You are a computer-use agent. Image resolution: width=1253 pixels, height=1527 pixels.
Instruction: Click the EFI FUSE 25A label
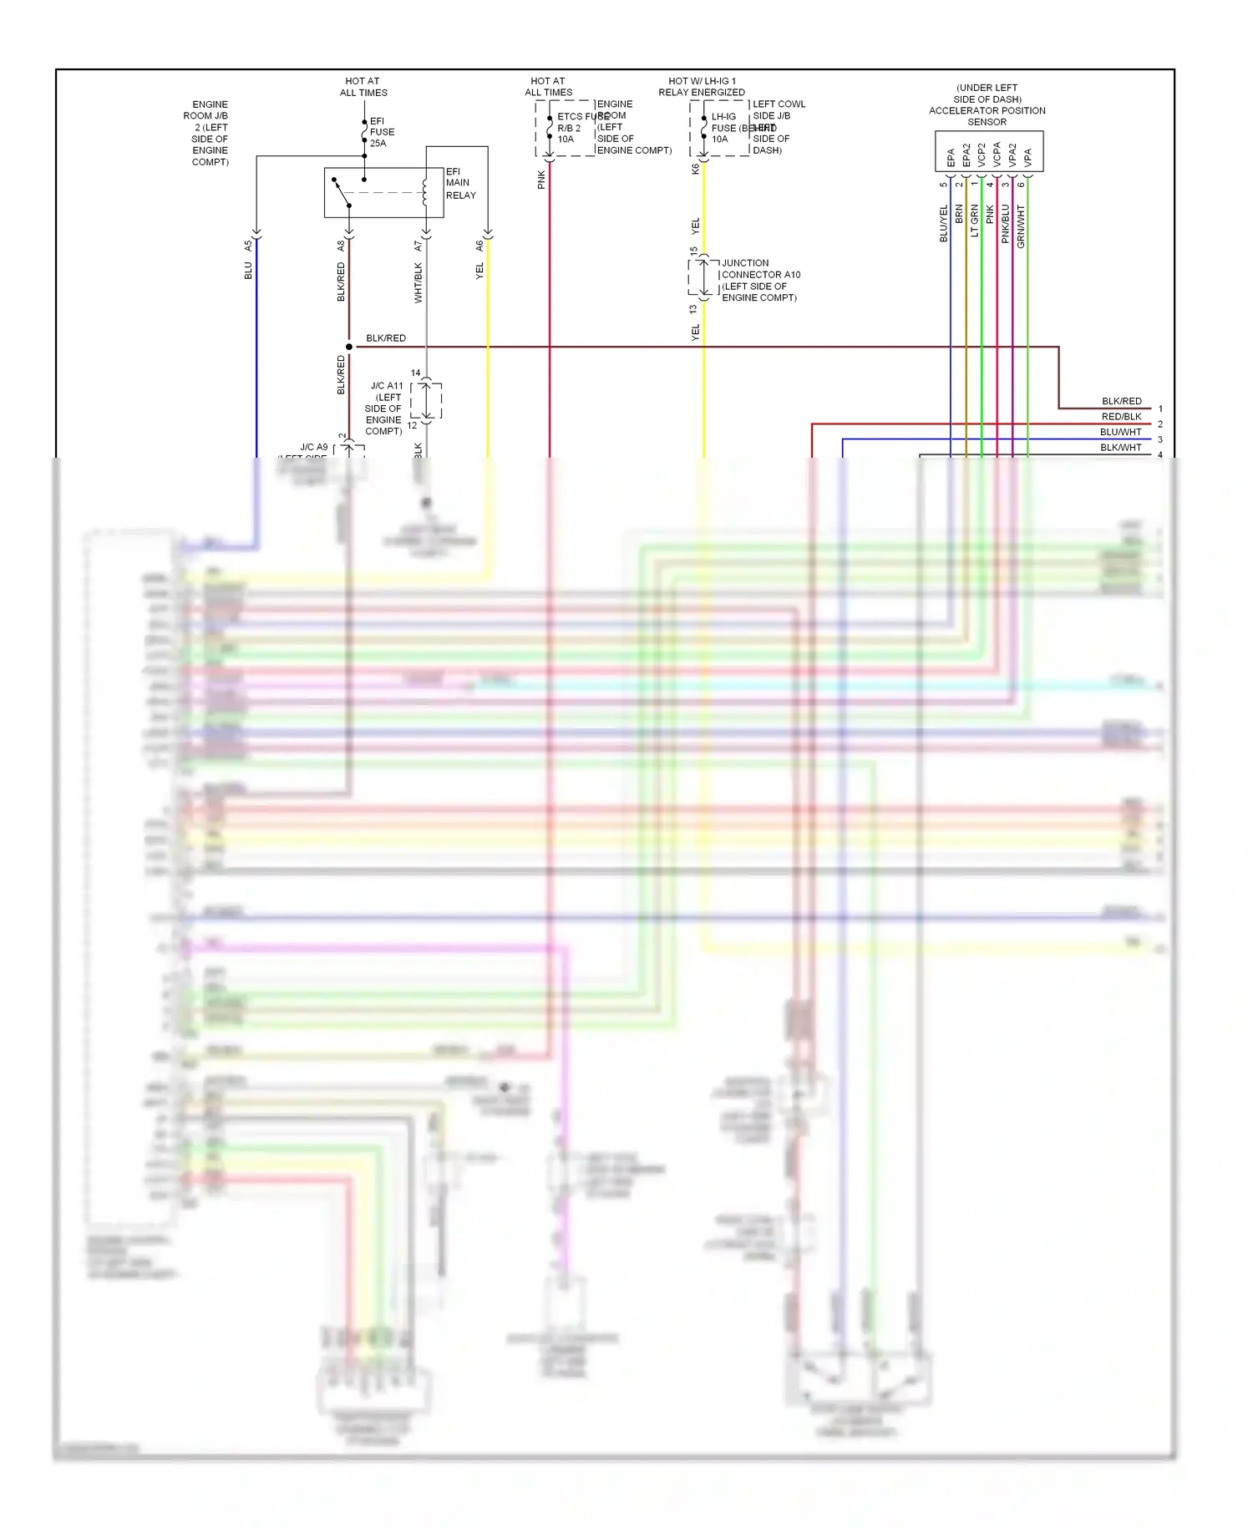pyautogui.click(x=382, y=132)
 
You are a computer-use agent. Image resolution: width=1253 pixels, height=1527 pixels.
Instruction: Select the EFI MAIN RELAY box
pyautogui.click(x=383, y=193)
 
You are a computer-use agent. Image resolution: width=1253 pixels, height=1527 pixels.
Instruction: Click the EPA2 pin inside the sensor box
pyautogui.click(x=966, y=155)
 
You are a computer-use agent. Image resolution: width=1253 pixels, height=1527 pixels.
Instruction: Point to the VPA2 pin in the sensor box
pyautogui.click(x=1012, y=155)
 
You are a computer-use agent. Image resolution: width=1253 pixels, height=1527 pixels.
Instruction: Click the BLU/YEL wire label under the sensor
pyautogui.click(x=944, y=224)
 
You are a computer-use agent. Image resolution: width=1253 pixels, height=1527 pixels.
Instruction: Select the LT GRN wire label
pyautogui.click(x=975, y=221)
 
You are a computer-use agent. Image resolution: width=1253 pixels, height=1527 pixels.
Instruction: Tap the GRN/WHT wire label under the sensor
pyautogui.click(x=1021, y=226)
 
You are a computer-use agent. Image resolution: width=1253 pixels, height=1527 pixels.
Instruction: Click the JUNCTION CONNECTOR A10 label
pyautogui.click(x=760, y=280)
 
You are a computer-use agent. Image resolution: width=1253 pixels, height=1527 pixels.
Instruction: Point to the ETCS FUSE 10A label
pyautogui.click(x=572, y=128)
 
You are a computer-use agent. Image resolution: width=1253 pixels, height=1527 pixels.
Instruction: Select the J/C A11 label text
pyautogui.click(x=385, y=408)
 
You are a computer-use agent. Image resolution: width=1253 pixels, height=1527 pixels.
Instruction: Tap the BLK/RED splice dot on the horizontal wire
pyautogui.click(x=349, y=347)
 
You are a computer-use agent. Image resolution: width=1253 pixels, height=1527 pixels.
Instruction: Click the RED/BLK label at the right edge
pyautogui.click(x=1121, y=417)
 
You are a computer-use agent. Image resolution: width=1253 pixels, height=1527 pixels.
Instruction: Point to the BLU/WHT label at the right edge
pyautogui.click(x=1120, y=432)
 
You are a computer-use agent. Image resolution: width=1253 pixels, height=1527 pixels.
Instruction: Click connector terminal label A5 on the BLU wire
pyautogui.click(x=248, y=246)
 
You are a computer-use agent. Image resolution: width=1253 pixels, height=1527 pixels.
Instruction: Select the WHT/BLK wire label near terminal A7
pyautogui.click(x=419, y=282)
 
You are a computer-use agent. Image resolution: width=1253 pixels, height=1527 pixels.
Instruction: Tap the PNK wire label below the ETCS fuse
pyautogui.click(x=541, y=180)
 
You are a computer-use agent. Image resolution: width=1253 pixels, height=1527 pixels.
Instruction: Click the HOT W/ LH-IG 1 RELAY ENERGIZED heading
pyautogui.click(x=702, y=87)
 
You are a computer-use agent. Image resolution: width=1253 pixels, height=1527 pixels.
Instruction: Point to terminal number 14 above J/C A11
pyautogui.click(x=416, y=373)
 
